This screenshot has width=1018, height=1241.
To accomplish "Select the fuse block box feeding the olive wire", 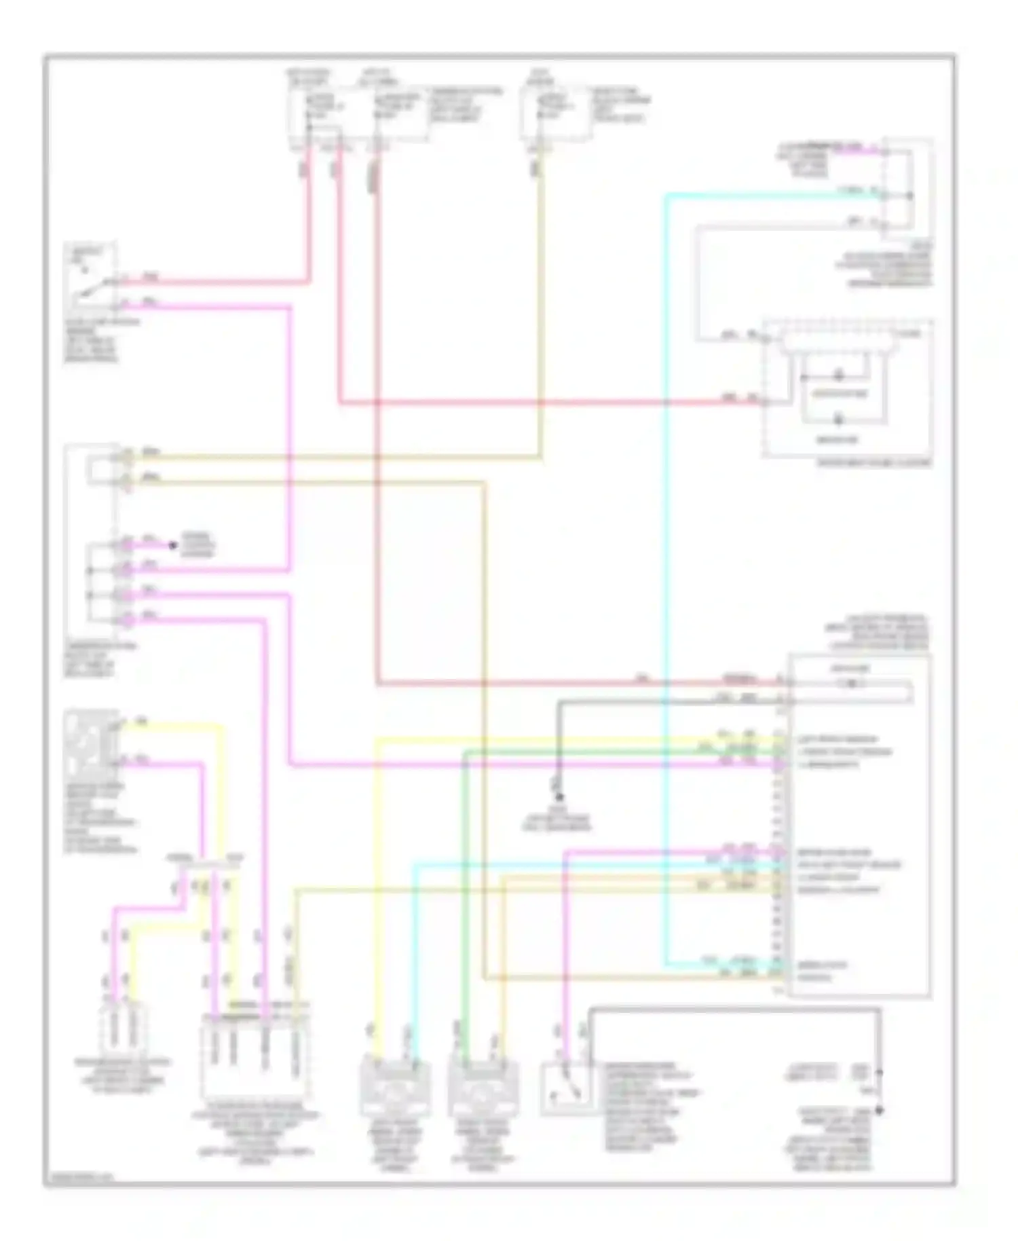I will click(557, 113).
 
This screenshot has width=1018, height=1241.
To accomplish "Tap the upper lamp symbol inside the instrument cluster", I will click(839, 375).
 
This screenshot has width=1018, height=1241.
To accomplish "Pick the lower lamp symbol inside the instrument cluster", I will click(839, 420).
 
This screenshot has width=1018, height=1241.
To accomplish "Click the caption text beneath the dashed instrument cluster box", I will click(874, 463).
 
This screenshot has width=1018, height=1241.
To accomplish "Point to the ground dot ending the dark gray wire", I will click(559, 797).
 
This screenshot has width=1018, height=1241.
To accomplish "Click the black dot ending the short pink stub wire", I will click(172, 544).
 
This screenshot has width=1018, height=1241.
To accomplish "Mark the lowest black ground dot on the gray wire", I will click(879, 1111).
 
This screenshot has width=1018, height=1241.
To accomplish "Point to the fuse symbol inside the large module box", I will click(851, 684).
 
